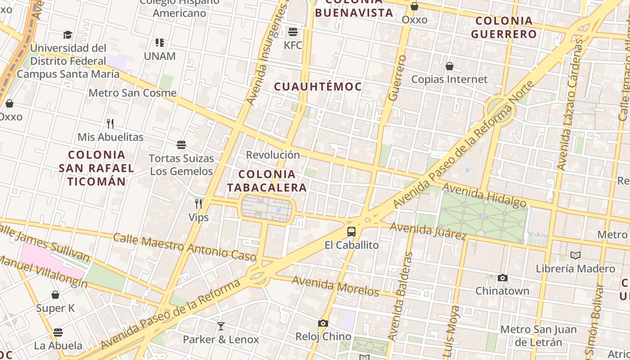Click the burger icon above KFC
[293, 31]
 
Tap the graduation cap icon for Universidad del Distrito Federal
[67, 35]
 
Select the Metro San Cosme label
[133, 93]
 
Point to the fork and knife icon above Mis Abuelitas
[110, 123]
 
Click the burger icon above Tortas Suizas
[181, 145]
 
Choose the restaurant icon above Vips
[198, 204]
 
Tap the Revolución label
[273, 155]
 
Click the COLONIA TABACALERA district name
[267, 181]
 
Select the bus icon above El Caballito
[351, 232]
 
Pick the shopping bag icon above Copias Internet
[449, 66]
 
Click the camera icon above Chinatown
[503, 278]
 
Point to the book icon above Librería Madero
[575, 255]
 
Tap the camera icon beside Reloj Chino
[323, 323]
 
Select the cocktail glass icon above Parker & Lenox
[220, 326]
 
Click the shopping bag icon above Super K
[55, 295]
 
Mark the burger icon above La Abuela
[58, 333]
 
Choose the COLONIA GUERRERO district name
[504, 27]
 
